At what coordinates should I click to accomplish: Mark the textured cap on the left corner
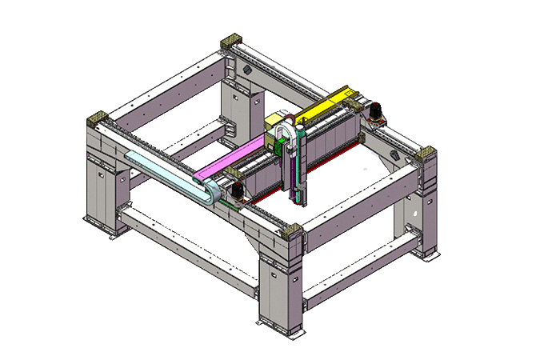coord(98,119)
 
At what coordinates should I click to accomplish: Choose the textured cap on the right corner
coord(425,153)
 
